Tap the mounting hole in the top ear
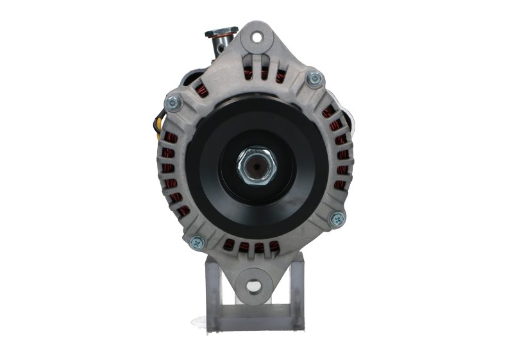pos(257,37)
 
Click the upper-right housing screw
pos(313,80)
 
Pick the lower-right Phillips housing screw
pos(336,219)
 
